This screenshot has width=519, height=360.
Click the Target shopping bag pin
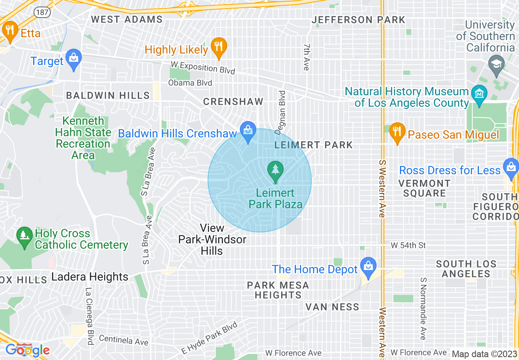pos(74,59)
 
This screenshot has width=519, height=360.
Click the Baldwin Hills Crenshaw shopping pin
pos(248,132)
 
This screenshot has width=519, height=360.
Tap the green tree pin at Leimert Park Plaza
pos(275,171)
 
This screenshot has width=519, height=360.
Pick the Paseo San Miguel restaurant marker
pos(397,133)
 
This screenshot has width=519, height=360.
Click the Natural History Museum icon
pos(478,93)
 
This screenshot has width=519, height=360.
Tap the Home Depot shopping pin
pos(368,266)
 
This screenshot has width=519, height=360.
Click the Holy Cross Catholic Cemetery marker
pos(25,237)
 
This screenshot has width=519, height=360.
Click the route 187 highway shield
pos(42,12)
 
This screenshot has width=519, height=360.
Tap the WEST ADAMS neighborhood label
pos(126,19)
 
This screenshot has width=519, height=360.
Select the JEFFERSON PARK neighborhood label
pos(358,20)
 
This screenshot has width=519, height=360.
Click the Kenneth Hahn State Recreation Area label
pos(83,138)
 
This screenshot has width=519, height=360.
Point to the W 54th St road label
pos(408,245)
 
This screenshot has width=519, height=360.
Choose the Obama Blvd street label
pos(190,83)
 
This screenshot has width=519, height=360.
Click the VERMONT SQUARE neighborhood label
pos(424,188)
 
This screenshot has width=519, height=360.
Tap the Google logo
pos(27,350)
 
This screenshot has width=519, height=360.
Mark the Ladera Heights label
pos(90,277)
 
